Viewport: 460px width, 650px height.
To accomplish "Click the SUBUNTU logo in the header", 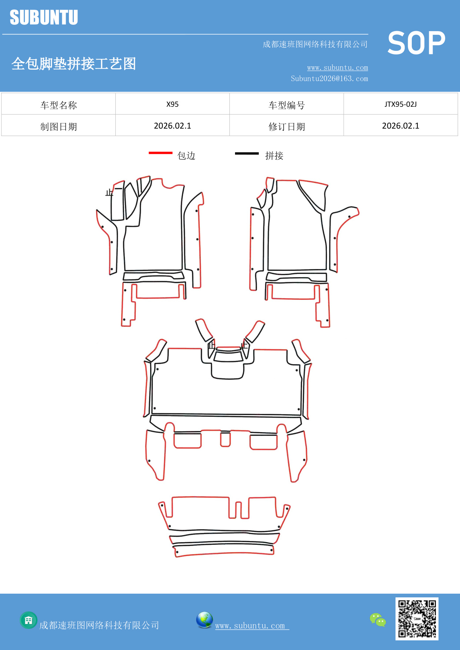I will click(44, 17).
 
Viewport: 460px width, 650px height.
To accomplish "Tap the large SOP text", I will click(416, 43).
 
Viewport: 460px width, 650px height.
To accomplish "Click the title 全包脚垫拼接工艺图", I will click(74, 64).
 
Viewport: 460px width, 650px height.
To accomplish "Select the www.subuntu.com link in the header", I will click(337, 67).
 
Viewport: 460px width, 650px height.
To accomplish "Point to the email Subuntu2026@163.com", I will click(329, 79).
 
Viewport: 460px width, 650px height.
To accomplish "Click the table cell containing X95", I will click(172, 104).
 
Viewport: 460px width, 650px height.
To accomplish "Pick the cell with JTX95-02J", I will click(400, 104).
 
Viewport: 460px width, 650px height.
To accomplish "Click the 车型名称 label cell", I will click(59, 105).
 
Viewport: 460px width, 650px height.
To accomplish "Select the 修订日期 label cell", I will click(287, 126).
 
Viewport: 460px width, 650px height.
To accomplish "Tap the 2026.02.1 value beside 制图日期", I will click(172, 126).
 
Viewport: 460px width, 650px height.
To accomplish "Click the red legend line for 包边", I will click(160, 153).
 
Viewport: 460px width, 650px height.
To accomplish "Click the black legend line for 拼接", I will click(247, 153).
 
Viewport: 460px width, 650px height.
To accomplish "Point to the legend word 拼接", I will click(274, 156).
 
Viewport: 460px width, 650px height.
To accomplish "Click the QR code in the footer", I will click(417, 619).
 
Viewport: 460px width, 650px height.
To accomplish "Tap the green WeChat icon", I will click(378, 620).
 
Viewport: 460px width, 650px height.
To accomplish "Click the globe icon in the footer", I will click(204, 620).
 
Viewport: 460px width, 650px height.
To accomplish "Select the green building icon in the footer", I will click(29, 620).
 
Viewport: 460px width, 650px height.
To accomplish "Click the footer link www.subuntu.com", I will click(250, 626).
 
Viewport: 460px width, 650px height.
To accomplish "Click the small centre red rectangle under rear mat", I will click(225, 439).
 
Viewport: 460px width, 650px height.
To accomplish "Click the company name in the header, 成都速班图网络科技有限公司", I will click(315, 44).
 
